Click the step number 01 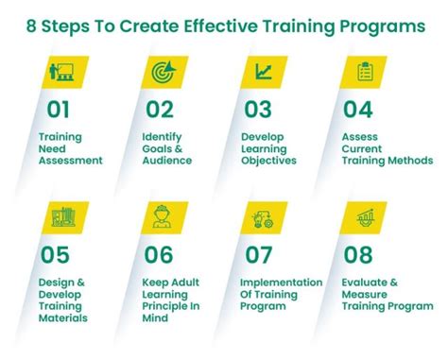[59, 110]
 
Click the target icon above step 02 [162, 71]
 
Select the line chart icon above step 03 [264, 71]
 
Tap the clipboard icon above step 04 [365, 71]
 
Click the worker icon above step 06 [162, 218]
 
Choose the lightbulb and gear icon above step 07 [264, 218]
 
